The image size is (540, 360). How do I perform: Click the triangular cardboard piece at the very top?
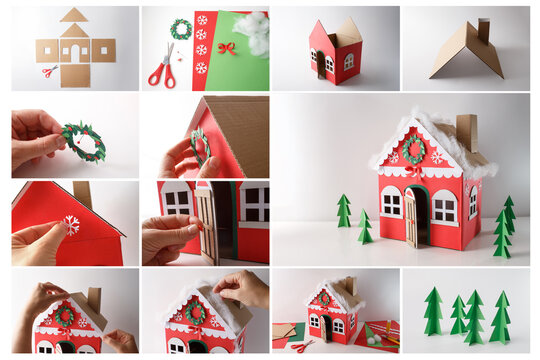coord(73,15)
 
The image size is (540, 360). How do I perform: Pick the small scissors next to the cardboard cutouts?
coord(49,71)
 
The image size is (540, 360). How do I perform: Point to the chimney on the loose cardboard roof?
coord(483,29)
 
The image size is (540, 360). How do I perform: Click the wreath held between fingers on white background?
coord(82,141)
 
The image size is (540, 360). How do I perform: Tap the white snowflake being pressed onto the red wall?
coord(71,225)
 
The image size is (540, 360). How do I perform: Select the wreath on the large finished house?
coord(414,148)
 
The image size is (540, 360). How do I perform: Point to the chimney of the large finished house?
coord(467,131)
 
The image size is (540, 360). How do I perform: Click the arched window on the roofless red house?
coord(348,61)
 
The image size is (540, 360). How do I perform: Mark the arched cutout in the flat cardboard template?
coord(75,52)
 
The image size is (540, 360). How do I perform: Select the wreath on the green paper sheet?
coord(180,29)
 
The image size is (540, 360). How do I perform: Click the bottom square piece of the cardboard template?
coord(75,75)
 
